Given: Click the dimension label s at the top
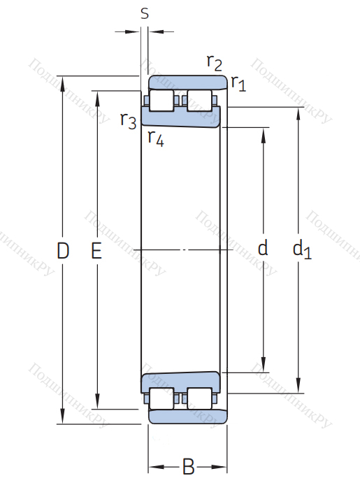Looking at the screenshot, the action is click(x=145, y=13).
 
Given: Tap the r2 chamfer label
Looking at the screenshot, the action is click(x=215, y=63).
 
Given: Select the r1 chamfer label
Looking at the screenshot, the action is click(x=238, y=83).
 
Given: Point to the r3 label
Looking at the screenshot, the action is click(x=129, y=120).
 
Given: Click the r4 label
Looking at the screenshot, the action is click(x=156, y=138).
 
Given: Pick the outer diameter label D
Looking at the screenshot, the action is click(x=63, y=251).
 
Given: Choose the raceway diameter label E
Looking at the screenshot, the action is click(x=96, y=251).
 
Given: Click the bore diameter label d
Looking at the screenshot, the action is click(x=263, y=247).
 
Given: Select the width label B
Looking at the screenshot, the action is click(x=188, y=467).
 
